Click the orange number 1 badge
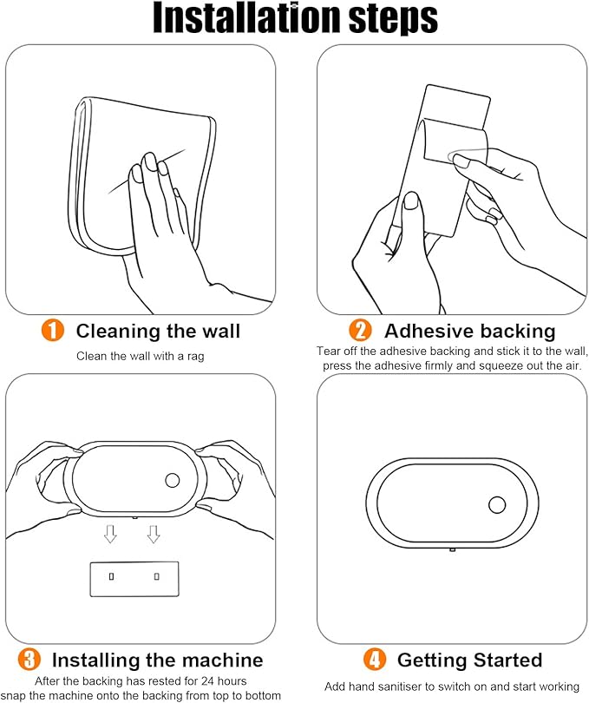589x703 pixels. point(53,331)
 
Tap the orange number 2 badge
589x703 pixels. point(360,331)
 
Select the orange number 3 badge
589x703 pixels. point(29,660)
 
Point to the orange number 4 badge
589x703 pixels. point(374,660)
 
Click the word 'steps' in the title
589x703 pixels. point(394,19)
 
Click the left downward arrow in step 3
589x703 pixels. point(110,534)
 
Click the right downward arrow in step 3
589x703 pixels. point(154,534)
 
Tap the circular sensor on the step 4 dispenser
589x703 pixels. point(497,505)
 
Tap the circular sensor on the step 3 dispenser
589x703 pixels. point(173,480)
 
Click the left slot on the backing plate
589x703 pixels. point(112,576)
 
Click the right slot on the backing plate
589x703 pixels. point(156,576)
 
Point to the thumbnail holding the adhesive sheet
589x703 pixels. point(411,200)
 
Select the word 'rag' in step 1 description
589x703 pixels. point(196,357)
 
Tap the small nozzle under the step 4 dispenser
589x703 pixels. point(452,549)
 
